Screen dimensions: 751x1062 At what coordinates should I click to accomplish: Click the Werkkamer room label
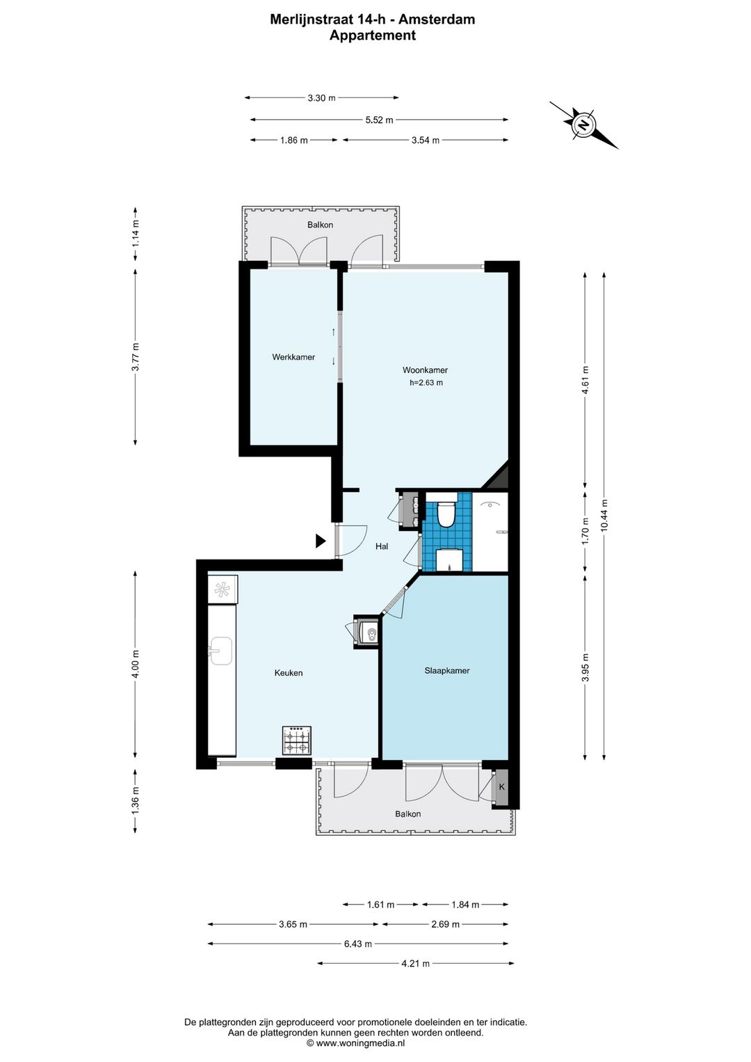tap(293, 357)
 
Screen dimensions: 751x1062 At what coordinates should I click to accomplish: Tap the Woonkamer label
tap(425, 370)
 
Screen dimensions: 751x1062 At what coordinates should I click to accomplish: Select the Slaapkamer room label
tap(447, 670)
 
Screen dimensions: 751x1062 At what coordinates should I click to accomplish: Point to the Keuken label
tap(288, 672)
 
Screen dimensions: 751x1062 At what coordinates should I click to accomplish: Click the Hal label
tap(382, 546)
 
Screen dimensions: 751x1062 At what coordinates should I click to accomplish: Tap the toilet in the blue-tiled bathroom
tap(446, 513)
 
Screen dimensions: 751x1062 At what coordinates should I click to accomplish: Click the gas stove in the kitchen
tap(297, 740)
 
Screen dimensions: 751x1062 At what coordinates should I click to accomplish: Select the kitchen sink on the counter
tap(220, 651)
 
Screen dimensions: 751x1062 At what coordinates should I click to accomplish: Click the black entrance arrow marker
tap(321, 541)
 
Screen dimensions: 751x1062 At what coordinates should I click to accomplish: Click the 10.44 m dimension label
tap(604, 515)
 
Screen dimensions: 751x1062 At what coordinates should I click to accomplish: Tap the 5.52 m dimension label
tap(379, 120)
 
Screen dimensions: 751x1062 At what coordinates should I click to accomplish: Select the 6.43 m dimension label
tap(357, 944)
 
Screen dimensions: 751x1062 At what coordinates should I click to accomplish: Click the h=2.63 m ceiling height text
tap(426, 383)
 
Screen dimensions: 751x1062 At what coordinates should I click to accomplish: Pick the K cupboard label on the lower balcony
tap(502, 787)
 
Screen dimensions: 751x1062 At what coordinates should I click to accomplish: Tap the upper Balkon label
tap(320, 225)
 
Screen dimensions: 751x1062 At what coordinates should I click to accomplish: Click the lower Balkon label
tap(408, 814)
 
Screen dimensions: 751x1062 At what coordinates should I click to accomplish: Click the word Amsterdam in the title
tap(437, 19)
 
